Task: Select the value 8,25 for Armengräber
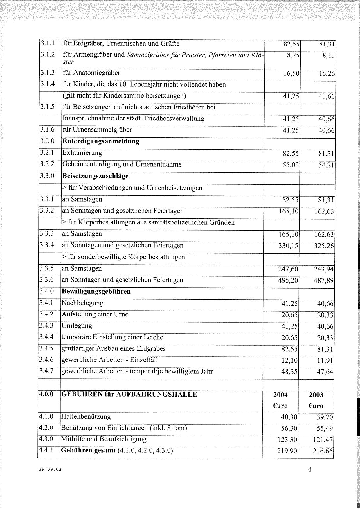pyautogui.click(x=293, y=55)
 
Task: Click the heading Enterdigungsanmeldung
pyautogui.click(x=101, y=141)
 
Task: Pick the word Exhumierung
pyautogui.click(x=82, y=153)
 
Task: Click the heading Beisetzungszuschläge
pyautogui.click(x=95, y=176)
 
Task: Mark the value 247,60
pyautogui.click(x=288, y=269)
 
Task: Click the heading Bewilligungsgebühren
pyautogui.click(x=96, y=291)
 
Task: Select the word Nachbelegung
pyautogui.click(x=82, y=303)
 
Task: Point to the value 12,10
pyautogui.click(x=290, y=360)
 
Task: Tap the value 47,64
pyautogui.click(x=325, y=372)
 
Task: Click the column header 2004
pyautogui.click(x=280, y=395)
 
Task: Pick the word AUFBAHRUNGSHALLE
pyautogui.click(x=158, y=394)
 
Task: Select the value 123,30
pyautogui.click(x=288, y=440)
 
